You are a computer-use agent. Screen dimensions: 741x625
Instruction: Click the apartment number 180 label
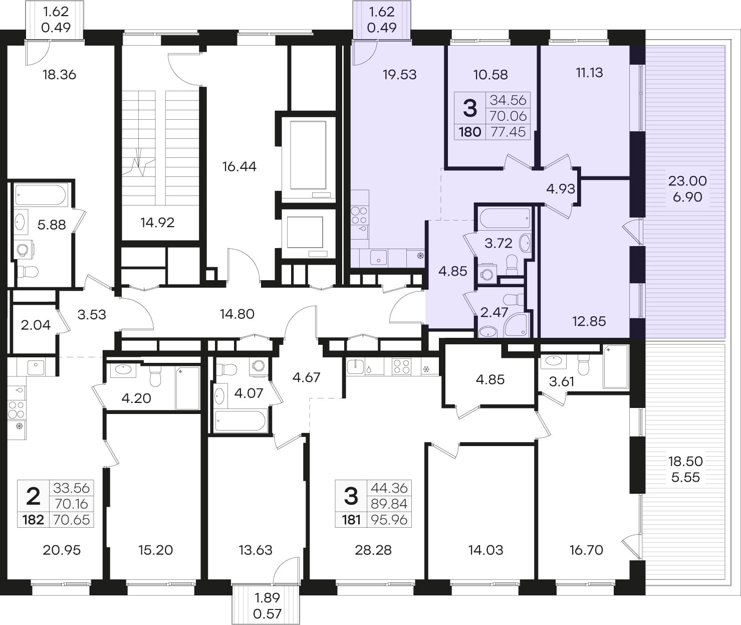470,132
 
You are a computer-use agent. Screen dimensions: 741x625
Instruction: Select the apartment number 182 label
33,520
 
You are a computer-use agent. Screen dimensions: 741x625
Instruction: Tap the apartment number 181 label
351,520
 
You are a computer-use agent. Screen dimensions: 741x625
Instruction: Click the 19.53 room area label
400,75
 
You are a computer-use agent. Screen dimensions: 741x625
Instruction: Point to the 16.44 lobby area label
239,166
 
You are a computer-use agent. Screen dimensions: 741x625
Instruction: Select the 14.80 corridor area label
237,314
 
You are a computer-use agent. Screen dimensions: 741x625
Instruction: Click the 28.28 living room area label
373,550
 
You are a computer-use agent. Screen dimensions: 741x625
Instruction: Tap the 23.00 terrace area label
688,181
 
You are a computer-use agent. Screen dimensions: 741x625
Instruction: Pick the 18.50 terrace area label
685,461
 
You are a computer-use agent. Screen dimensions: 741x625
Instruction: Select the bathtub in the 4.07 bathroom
240,421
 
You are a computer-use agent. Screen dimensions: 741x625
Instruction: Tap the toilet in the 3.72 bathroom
512,265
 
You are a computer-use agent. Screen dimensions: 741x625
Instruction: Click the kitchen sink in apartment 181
356,367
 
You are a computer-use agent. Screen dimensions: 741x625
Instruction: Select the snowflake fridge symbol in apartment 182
20,426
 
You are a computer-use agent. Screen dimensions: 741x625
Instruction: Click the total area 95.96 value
389,520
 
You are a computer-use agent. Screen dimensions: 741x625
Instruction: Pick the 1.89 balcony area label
267,598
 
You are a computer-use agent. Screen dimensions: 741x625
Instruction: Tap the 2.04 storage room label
36,325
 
